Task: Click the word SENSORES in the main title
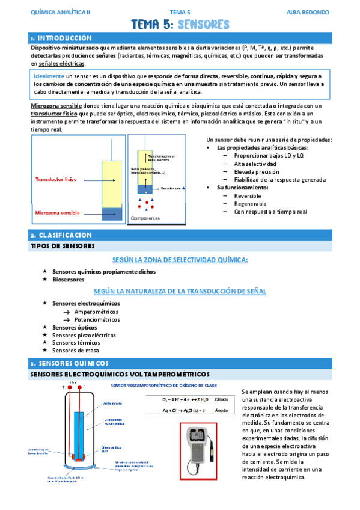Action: pos(204,25)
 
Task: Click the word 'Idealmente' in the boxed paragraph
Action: pos(49,77)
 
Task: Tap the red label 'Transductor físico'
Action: pos(56,179)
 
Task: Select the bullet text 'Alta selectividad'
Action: pos(255,164)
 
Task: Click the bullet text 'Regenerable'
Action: pos(251,204)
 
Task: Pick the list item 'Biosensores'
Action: pos(68,279)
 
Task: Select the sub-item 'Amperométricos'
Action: pos(96,312)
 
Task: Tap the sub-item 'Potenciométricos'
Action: pos(97,319)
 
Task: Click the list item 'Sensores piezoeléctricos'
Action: pos(84,335)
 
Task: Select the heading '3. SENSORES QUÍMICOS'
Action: pos(69,363)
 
